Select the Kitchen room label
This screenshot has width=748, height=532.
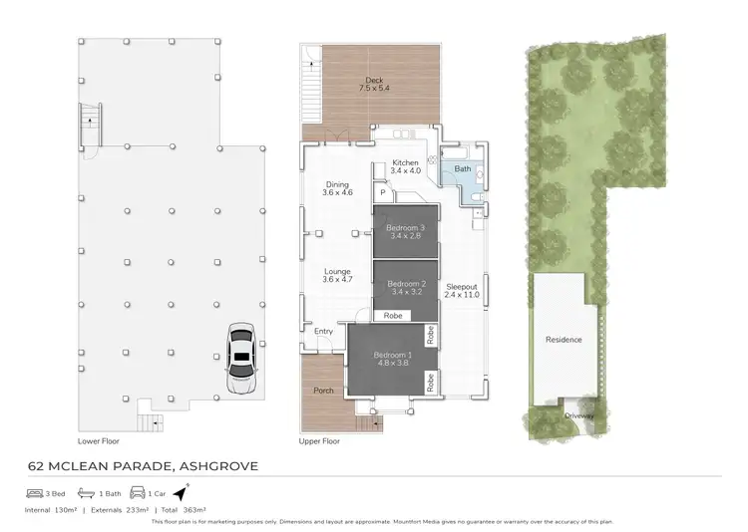point(406,167)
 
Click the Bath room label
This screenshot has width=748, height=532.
point(462,170)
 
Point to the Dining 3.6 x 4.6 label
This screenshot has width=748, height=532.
point(338,188)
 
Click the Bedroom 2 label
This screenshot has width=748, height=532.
point(406,288)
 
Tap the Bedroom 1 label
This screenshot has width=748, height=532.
point(392,360)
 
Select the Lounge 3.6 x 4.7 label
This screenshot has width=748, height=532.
point(338,275)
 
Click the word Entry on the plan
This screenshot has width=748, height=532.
point(324,332)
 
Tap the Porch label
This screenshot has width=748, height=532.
point(324,391)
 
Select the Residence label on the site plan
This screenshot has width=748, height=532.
point(563,340)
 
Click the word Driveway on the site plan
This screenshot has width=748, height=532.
point(578,415)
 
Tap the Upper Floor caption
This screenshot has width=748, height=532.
point(319,440)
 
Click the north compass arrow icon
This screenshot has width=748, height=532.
point(181,492)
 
